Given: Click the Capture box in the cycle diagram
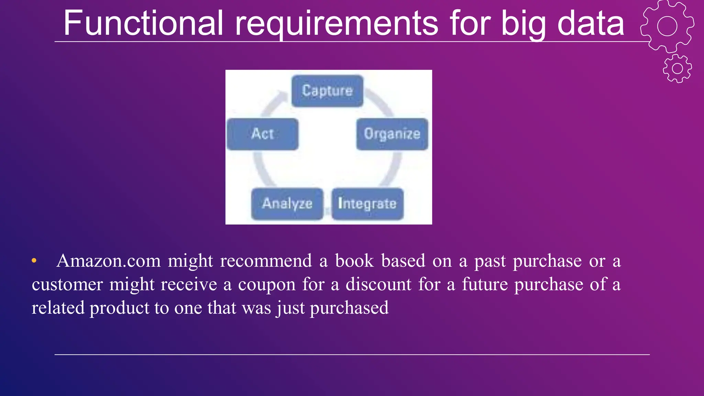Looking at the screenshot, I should tap(327, 91).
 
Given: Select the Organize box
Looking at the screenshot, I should tap(392, 134).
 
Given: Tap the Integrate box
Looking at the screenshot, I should tap(367, 204).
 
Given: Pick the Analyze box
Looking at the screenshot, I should tap(287, 204).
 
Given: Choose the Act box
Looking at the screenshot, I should tap(263, 134).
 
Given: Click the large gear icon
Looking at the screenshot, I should tap(667, 26).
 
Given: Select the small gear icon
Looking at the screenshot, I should tap(677, 68).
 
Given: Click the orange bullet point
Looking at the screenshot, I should tap(34, 261).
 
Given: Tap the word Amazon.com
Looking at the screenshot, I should tap(109, 261).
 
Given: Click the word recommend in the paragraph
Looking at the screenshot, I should tap(266, 261).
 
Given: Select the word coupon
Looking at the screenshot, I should tap(266, 285).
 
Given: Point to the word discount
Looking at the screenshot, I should tap(378, 285).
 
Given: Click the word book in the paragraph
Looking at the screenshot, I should tap(354, 261).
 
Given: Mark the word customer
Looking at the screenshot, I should tap(67, 285).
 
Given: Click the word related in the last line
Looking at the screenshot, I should tap(58, 308).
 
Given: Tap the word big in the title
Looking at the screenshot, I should tap(523, 23).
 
